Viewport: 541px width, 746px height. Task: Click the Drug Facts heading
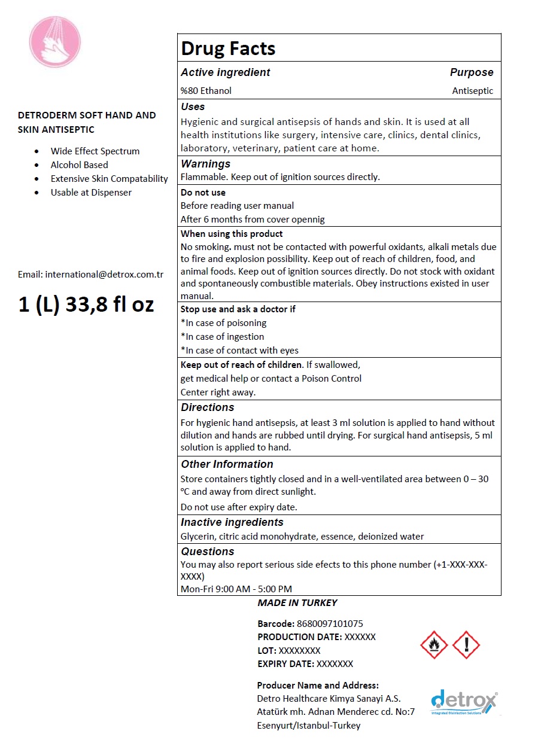pyautogui.click(x=228, y=48)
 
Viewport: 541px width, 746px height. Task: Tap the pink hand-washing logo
pyautogui.click(x=55, y=42)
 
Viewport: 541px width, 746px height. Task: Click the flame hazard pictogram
pyautogui.click(x=434, y=644)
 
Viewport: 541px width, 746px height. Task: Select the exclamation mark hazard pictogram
pyautogui.click(x=466, y=644)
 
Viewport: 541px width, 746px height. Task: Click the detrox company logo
pyautogui.click(x=464, y=702)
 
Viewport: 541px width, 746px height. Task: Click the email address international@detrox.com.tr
pyautogui.click(x=91, y=275)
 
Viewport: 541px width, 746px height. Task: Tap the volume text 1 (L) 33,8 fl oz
pyautogui.click(x=86, y=304)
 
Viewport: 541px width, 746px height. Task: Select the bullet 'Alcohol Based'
pyautogui.click(x=80, y=165)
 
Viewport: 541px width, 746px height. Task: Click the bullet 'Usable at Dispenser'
pyautogui.click(x=91, y=192)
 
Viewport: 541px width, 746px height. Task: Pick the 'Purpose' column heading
pyautogui.click(x=472, y=72)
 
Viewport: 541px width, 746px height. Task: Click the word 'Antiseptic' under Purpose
pyautogui.click(x=473, y=91)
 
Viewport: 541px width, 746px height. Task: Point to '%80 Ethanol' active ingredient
pyautogui.click(x=206, y=91)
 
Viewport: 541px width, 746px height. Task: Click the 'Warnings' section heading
pyautogui.click(x=205, y=163)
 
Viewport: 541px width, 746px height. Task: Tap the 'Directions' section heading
pyautogui.click(x=208, y=407)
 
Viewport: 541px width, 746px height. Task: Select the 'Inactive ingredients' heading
pyautogui.click(x=232, y=522)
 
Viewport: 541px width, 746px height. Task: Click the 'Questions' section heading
pyautogui.click(x=208, y=552)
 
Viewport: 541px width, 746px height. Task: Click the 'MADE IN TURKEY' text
pyautogui.click(x=297, y=603)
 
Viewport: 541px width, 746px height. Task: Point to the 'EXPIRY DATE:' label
pyautogui.click(x=285, y=663)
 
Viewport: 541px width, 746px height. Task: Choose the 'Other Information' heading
pyautogui.click(x=227, y=464)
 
